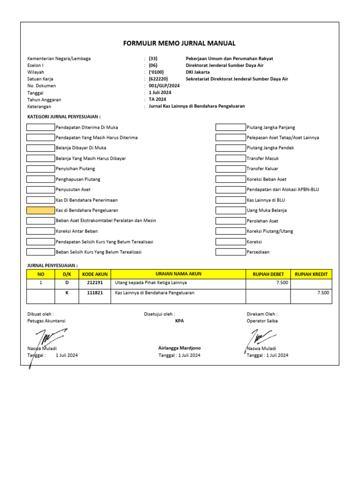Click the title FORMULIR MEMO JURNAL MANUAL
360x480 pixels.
[x=179, y=43]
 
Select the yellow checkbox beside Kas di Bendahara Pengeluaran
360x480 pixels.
[x=40, y=210]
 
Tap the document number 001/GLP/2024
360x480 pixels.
[x=161, y=86]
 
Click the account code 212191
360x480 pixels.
[x=95, y=283]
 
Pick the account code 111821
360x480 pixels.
[x=95, y=292]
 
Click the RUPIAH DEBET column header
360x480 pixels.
[x=268, y=274]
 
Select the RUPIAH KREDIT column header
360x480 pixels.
[x=311, y=274]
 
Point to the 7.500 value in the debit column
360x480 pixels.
[x=283, y=283]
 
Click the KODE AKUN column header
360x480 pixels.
[x=95, y=274]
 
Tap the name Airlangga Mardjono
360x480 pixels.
[x=180, y=348]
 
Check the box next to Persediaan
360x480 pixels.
[x=230, y=252]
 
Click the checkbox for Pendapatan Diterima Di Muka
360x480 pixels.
[x=40, y=127]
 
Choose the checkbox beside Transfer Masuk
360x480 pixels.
[x=230, y=158]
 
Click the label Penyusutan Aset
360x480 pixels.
[x=73, y=190]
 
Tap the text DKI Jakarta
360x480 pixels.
[x=198, y=72]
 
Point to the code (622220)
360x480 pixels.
[x=158, y=79]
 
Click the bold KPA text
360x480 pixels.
[x=180, y=321]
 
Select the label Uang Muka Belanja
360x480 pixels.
[x=267, y=210]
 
